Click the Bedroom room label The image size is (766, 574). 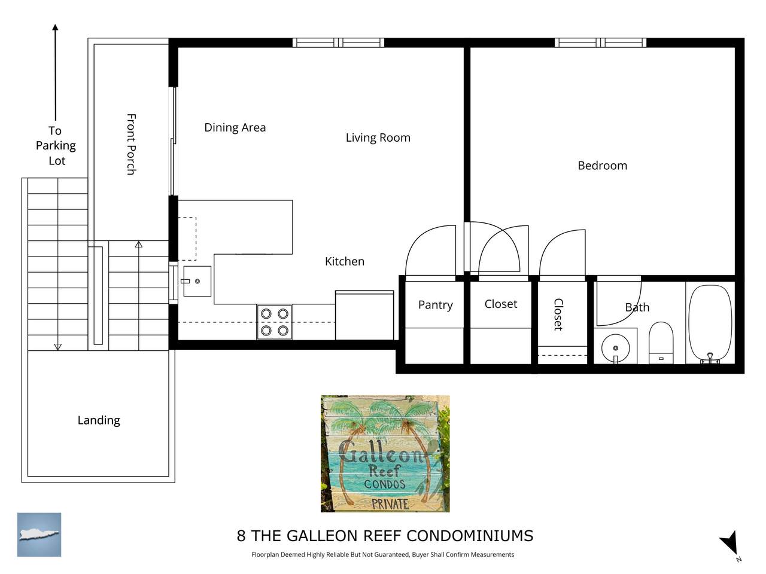pos(602,165)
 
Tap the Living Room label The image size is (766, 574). pos(378,138)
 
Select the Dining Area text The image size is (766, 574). pos(235,127)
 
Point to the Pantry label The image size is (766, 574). pos(435,304)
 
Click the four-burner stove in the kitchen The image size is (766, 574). pos(275,322)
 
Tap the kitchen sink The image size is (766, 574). pos(197,281)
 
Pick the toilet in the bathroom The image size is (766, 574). pos(661,343)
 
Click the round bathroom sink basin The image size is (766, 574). pos(616,348)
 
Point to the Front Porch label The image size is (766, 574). pos(131,144)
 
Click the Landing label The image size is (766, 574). pos(99,420)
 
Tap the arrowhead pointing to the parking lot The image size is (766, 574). pos(55,27)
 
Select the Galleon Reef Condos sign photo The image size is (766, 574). pos(385,453)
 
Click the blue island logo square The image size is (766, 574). pos(39,535)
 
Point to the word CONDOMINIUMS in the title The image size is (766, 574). pos(470,536)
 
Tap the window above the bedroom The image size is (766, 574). pos(600,43)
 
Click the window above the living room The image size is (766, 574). pos(338,43)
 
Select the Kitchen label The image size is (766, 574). pos(345,261)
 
